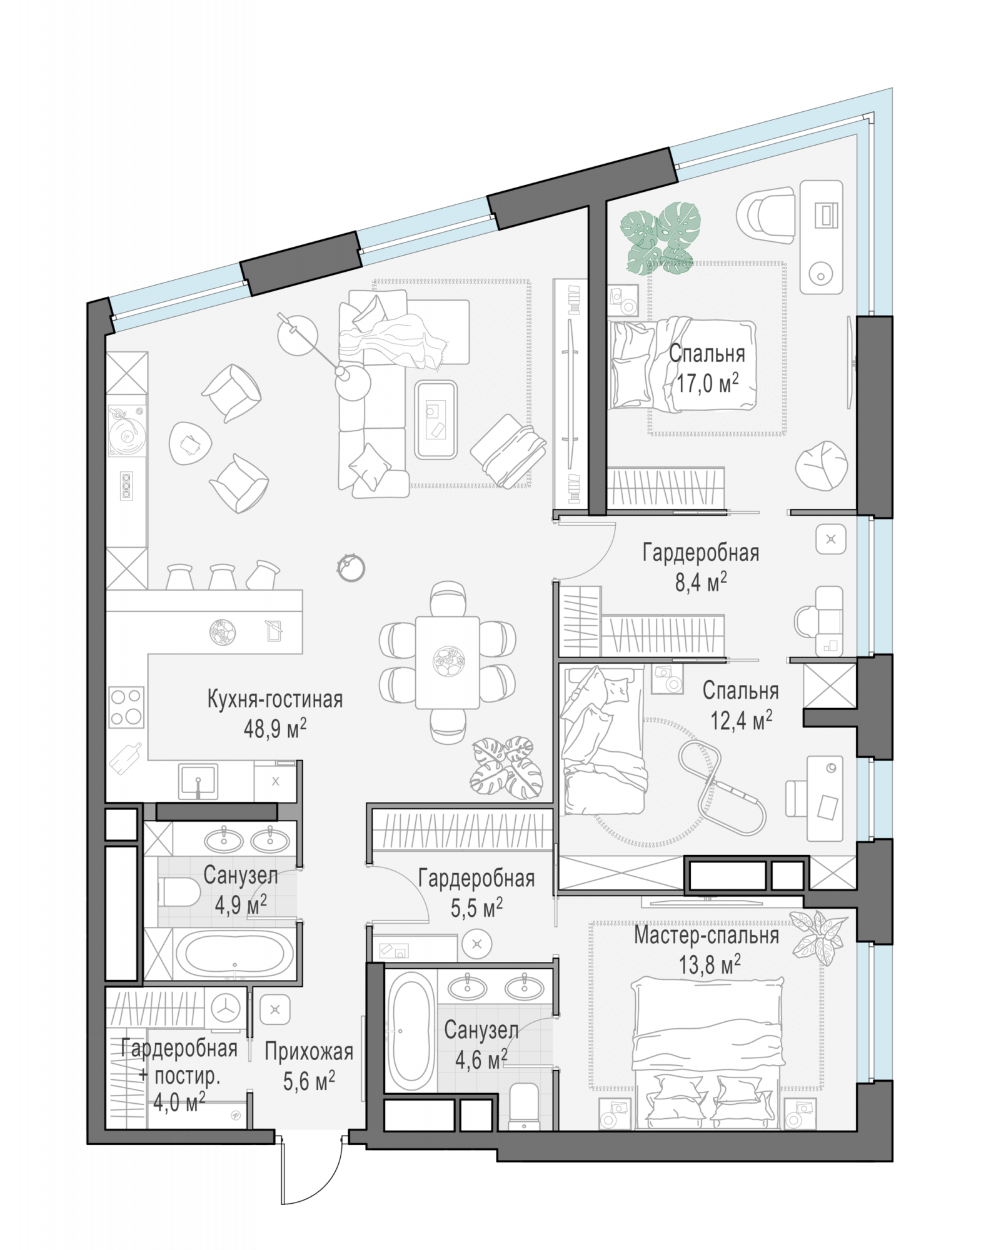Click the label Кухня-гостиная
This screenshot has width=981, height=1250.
(x=275, y=699)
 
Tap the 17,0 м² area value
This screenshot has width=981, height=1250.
(x=707, y=382)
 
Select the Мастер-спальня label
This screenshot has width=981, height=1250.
(x=707, y=936)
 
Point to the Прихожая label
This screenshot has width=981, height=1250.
(x=309, y=1052)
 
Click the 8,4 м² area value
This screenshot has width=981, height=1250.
(x=700, y=582)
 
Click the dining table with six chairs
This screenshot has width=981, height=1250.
(x=448, y=662)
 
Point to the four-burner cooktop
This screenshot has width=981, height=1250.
(x=127, y=707)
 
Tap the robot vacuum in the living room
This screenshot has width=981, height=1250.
(x=351, y=567)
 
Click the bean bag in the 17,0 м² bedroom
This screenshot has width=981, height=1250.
(x=822, y=467)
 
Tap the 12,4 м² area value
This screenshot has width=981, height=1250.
(x=741, y=720)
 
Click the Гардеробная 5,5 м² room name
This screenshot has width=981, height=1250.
(x=476, y=879)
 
